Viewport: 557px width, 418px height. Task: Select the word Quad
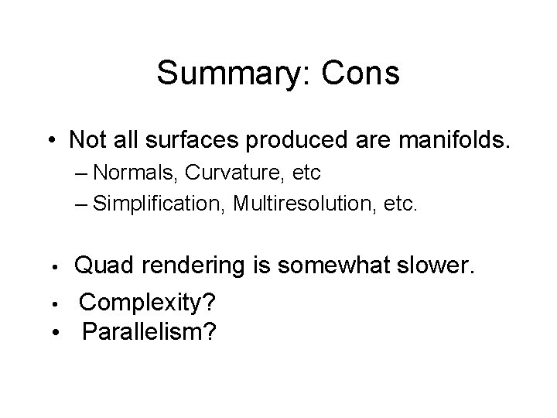pyautogui.click(x=102, y=267)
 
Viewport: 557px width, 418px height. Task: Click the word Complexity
pyautogui.click(x=136, y=302)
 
